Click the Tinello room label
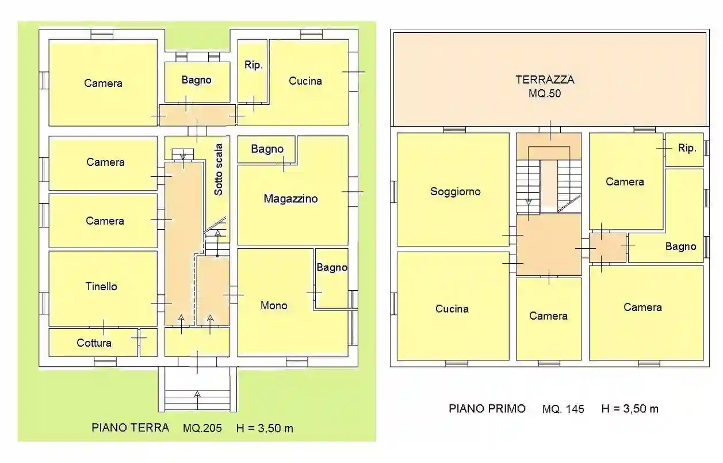(x=102, y=286)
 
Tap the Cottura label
(x=94, y=343)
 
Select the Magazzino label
(x=290, y=199)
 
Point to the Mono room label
(x=274, y=305)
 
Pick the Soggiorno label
(x=455, y=191)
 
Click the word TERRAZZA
(x=545, y=80)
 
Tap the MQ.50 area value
(x=545, y=93)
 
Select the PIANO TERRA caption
(x=130, y=428)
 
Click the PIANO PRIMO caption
(x=487, y=408)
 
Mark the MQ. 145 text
(x=563, y=409)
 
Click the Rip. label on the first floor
(x=687, y=148)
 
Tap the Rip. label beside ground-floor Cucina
(x=254, y=65)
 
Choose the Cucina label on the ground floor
(x=305, y=81)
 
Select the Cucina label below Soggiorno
(x=452, y=309)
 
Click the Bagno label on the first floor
(x=680, y=246)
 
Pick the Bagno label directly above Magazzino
(x=267, y=149)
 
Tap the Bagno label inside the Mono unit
(x=332, y=267)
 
